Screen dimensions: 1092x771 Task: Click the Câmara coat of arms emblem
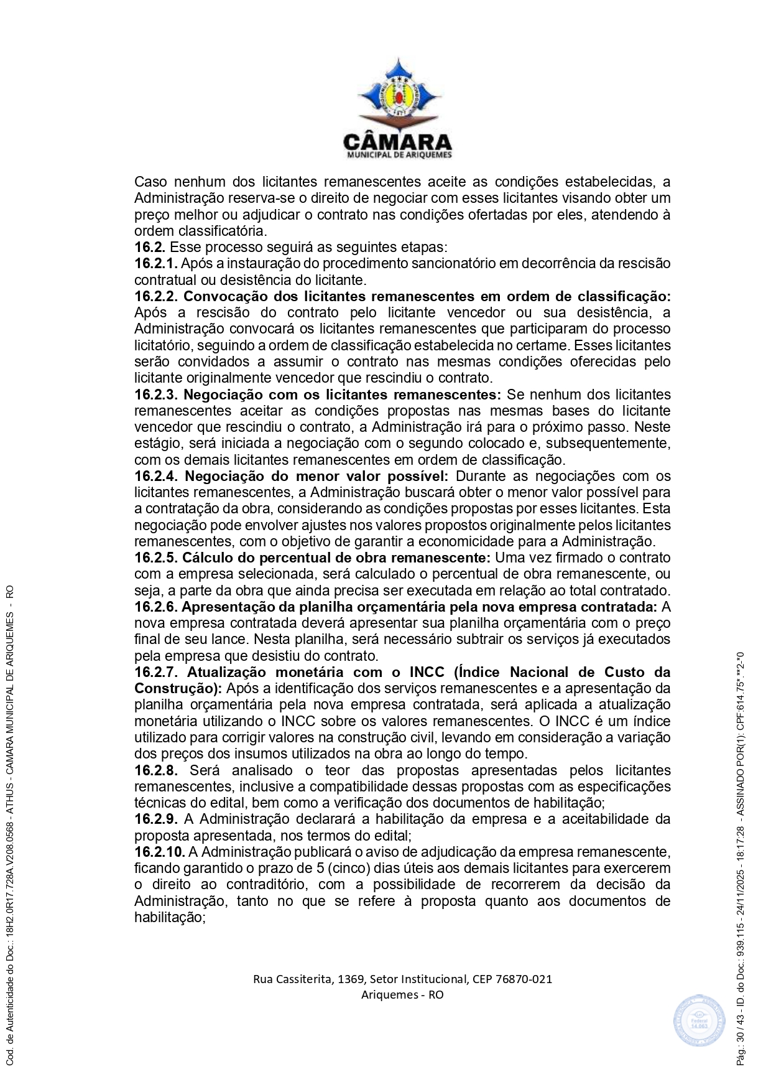coord(398,93)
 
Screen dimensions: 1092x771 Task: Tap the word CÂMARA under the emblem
coord(398,141)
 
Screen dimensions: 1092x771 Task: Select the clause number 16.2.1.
coord(156,263)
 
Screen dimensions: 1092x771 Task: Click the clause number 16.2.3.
coord(156,394)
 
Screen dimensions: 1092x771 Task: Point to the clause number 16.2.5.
coord(156,558)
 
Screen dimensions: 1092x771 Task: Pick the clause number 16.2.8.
coord(156,770)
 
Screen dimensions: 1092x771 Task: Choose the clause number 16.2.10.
coord(160,852)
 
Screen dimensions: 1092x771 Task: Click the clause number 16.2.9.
coord(156,819)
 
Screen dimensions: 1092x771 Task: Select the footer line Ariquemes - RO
coord(402,994)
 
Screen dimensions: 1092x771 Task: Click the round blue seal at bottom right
coord(699,1020)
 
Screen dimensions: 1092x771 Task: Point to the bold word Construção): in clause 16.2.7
coord(178,689)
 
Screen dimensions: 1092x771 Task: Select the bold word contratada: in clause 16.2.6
coord(618,607)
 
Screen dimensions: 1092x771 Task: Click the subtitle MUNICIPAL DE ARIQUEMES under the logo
coord(399,155)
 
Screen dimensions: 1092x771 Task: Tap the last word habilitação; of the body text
coord(170,917)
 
